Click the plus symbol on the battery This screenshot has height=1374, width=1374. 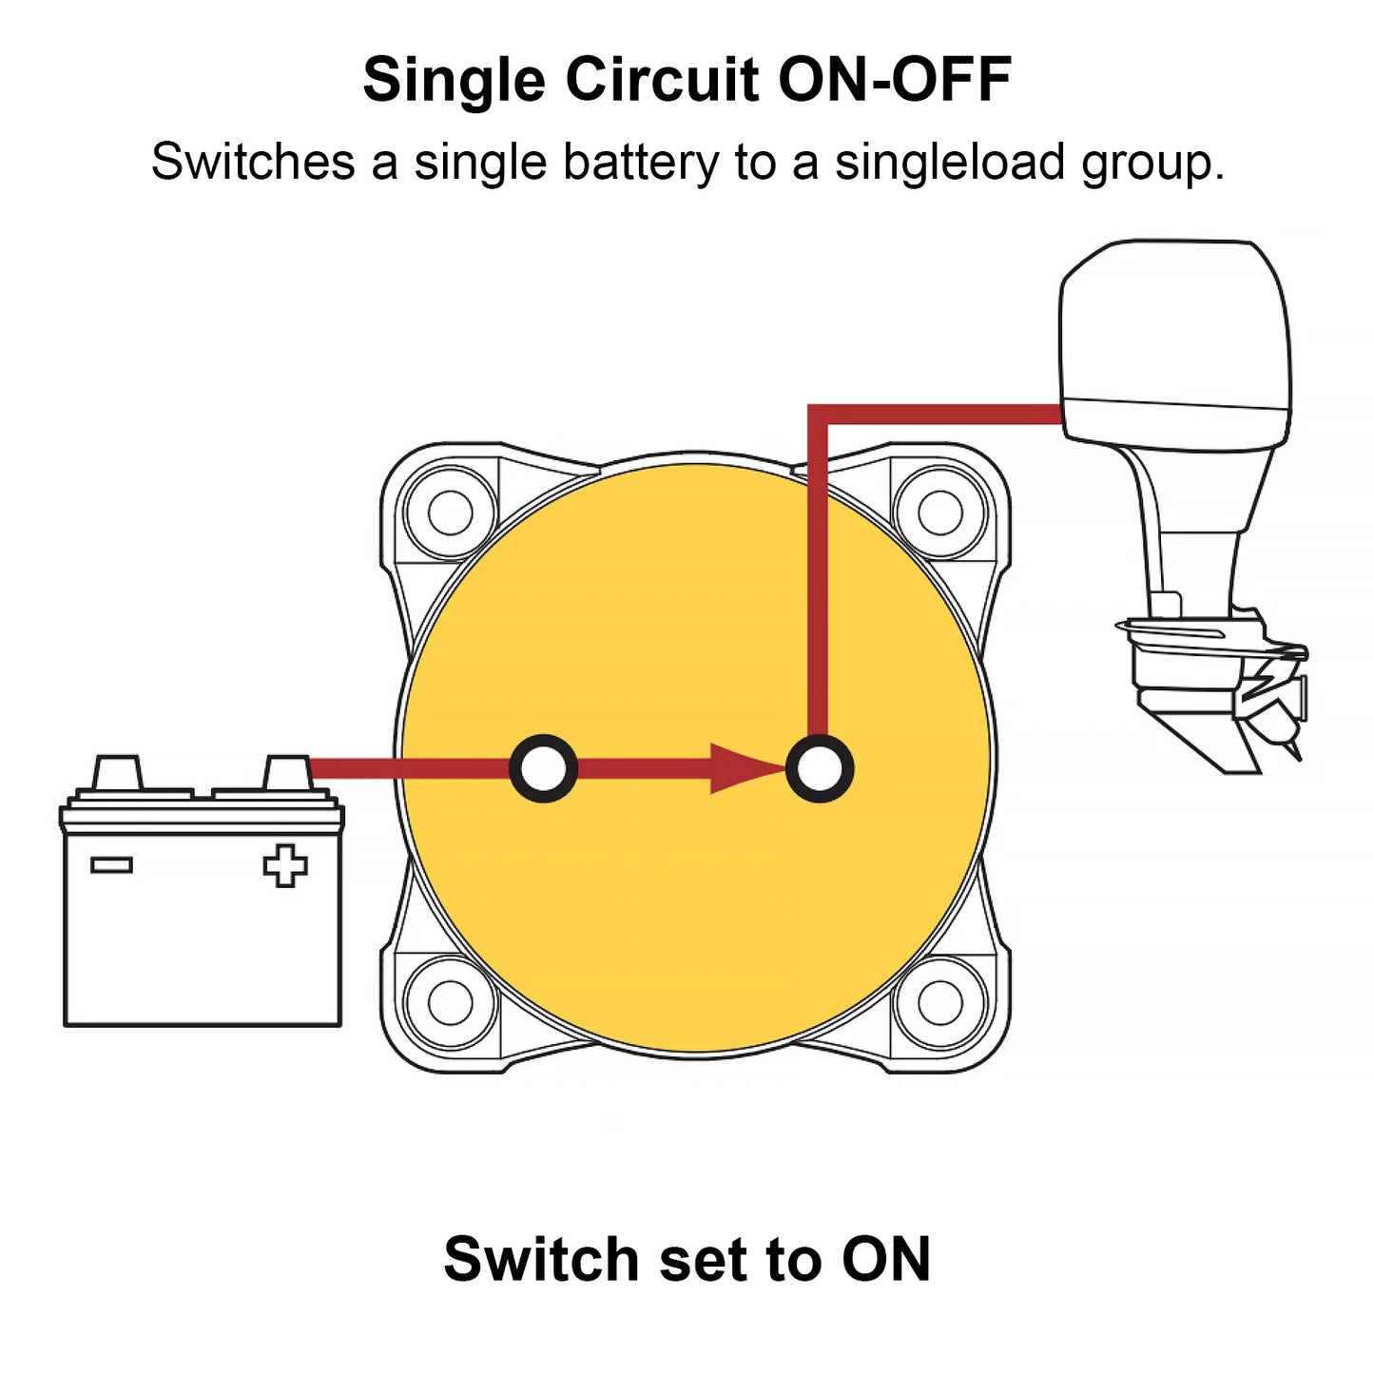[285, 865]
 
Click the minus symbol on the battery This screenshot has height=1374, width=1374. [111, 864]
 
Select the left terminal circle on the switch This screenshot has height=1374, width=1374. [544, 768]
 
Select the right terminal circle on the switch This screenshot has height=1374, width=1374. [820, 768]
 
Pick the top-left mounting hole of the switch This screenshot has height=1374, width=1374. [451, 513]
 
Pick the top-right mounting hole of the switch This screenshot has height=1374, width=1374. [940, 513]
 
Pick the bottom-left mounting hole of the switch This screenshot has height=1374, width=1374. [451, 1002]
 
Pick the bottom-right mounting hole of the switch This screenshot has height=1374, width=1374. [940, 1002]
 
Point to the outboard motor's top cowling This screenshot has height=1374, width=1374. [1175, 323]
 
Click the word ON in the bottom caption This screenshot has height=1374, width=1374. [886, 1259]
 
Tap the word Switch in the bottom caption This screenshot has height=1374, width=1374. [541, 1259]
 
